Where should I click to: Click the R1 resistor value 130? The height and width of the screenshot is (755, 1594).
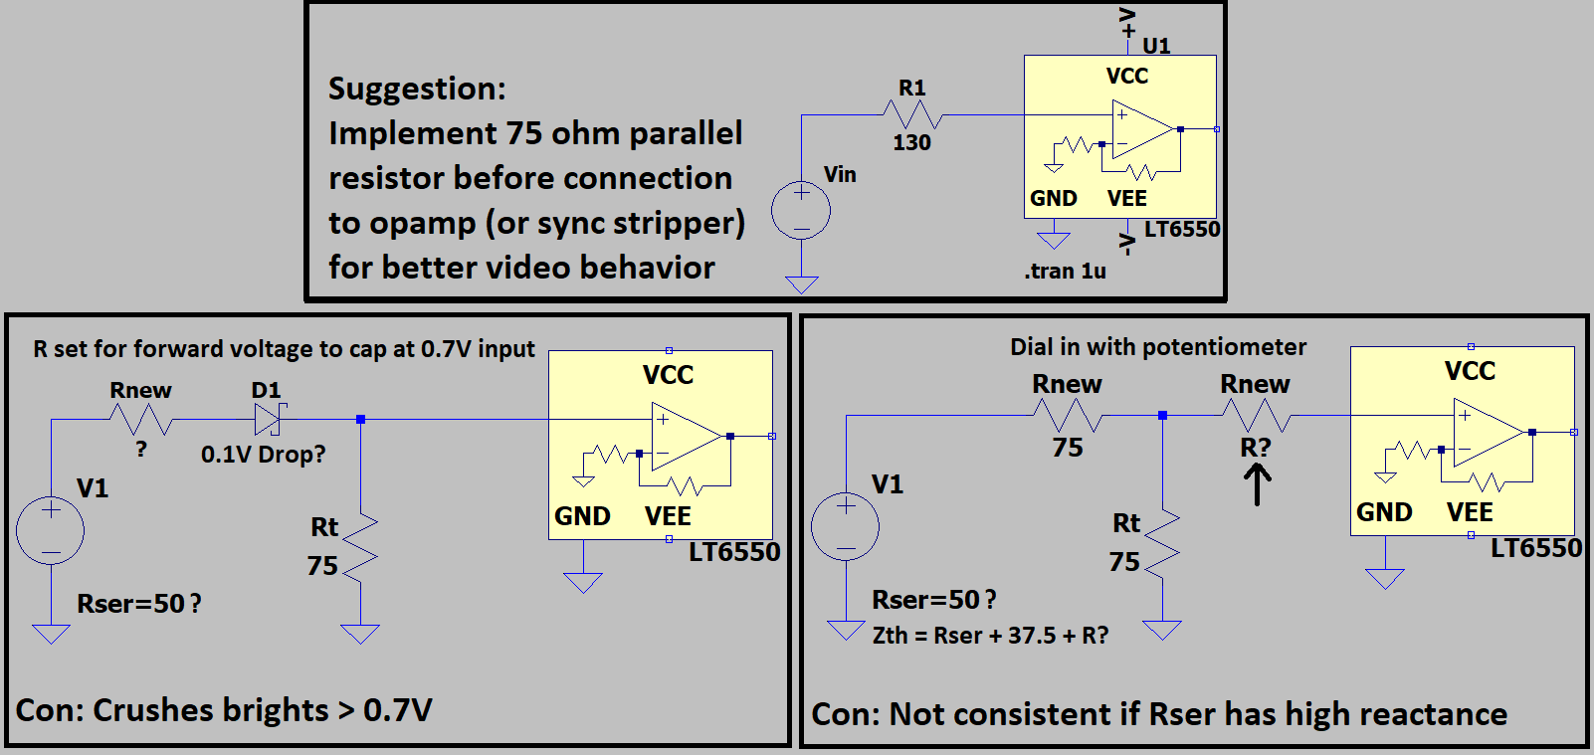[911, 142]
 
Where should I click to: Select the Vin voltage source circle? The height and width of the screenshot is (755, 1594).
[801, 210]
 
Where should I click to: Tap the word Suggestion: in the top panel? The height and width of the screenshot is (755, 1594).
[417, 90]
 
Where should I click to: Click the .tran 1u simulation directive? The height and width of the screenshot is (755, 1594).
[1066, 272]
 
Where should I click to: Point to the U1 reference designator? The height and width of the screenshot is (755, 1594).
[1156, 46]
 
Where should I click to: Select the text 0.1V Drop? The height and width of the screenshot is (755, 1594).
[263, 454]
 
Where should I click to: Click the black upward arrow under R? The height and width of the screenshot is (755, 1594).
[1258, 484]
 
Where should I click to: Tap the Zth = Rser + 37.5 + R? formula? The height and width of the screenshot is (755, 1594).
[991, 635]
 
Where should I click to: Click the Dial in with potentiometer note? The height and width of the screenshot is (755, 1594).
[1158, 347]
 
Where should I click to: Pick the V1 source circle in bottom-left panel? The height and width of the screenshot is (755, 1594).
[51, 530]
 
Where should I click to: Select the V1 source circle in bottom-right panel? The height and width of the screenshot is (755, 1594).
[846, 526]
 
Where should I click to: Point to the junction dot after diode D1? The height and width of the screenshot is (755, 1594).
[361, 419]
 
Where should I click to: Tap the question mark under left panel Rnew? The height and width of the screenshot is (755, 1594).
[141, 449]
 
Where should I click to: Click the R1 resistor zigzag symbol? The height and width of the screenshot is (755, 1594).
[912, 114]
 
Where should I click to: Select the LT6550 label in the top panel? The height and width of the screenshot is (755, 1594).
[1182, 229]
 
